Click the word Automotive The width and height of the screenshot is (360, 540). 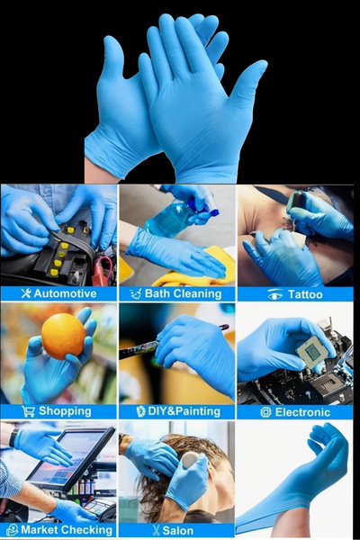point(65,293)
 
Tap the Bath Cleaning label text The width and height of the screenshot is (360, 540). point(183,293)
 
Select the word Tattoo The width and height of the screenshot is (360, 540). point(305,294)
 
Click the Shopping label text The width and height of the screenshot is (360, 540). point(65,411)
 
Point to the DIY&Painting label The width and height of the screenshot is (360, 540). point(184,411)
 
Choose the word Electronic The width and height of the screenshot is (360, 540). point(302,412)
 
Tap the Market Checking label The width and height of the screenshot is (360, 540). point(67,530)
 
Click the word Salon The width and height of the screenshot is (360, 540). point(178,530)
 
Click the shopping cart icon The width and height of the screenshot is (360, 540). point(28,411)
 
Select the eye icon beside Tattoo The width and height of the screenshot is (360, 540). point(274,295)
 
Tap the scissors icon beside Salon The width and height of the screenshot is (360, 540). point(157,530)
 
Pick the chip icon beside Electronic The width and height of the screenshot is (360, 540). point(265,412)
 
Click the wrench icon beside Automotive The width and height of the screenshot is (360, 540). point(26,293)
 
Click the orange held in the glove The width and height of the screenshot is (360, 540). point(63,336)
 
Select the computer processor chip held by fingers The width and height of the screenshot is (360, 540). point(312,353)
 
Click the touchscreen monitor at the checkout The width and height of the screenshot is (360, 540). point(71,458)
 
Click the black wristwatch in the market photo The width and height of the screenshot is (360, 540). point(13,437)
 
